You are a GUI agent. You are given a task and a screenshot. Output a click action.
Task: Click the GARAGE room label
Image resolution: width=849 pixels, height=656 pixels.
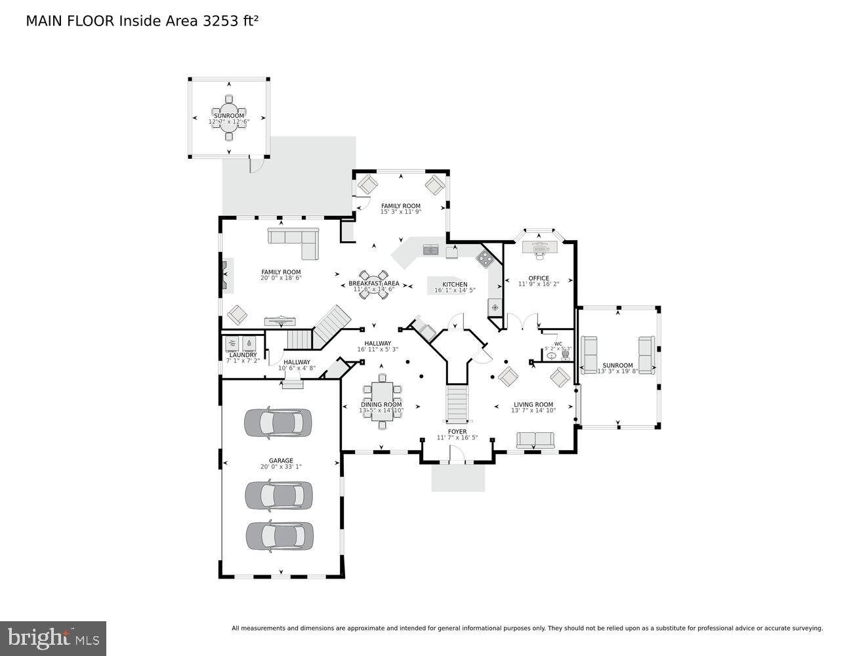coord(281,461)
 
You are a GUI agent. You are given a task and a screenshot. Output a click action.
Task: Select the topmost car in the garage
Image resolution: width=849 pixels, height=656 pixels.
coord(278,423)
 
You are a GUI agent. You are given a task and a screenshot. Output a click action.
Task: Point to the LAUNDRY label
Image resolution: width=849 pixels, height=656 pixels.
coord(243,355)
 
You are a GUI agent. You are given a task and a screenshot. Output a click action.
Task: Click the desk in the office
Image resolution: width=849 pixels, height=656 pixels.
coord(539,247)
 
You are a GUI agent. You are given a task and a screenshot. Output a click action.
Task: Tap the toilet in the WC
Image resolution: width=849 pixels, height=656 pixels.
coord(566,354)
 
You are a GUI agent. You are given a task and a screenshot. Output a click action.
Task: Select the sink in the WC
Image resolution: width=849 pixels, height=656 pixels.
coord(552,356)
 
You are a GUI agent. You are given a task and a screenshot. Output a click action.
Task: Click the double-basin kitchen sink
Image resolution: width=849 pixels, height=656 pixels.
coord(431,249)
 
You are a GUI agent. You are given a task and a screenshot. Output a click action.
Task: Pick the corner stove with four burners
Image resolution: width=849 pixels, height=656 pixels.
coord(485,258)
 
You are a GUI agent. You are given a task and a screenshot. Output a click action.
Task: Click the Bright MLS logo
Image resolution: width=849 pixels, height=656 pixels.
coord(53,638)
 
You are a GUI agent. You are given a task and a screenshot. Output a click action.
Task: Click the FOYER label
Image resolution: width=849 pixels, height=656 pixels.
coord(457,432)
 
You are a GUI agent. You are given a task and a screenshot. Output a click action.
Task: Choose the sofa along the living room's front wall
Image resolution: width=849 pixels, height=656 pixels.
coord(535,439)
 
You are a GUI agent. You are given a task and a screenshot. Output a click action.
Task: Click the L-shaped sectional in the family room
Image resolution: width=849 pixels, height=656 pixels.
coord(295,240)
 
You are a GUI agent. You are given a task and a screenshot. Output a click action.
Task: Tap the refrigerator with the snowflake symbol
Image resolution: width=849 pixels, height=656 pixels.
coord(495,307)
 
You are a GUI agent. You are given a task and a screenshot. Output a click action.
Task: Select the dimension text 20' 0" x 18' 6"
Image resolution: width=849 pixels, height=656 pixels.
coord(281,278)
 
